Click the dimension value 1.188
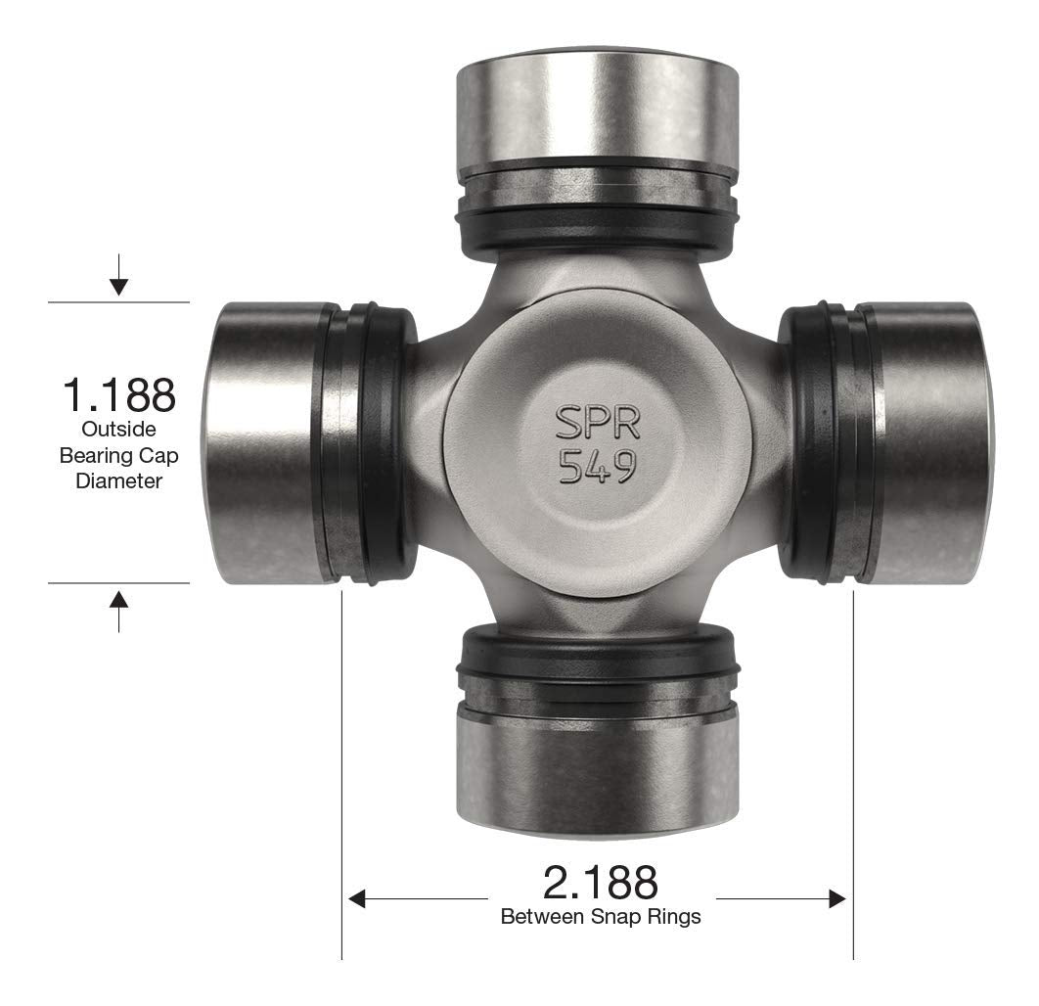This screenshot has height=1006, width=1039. tap(118, 394)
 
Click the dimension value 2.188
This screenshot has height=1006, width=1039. tap(601, 882)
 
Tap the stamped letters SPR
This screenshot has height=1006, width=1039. tap(598, 423)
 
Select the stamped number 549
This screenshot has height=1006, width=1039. tap(598, 467)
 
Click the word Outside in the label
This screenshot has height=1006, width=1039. tap(118, 429)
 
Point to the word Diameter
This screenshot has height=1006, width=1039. tap(118, 481)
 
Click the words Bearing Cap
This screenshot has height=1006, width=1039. tap(118, 455)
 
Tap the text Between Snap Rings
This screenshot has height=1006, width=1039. tap(601, 918)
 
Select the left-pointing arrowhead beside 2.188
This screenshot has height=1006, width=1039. tap(357, 898)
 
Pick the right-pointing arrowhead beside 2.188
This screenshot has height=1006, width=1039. tap(837, 898)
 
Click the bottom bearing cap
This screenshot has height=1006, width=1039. tap(598, 773)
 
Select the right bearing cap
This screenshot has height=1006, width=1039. tap(925, 442)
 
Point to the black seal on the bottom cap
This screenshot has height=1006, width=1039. tap(598, 654)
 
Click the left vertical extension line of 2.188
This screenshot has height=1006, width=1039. tap(341, 783)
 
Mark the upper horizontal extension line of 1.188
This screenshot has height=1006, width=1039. tap(118, 302)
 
